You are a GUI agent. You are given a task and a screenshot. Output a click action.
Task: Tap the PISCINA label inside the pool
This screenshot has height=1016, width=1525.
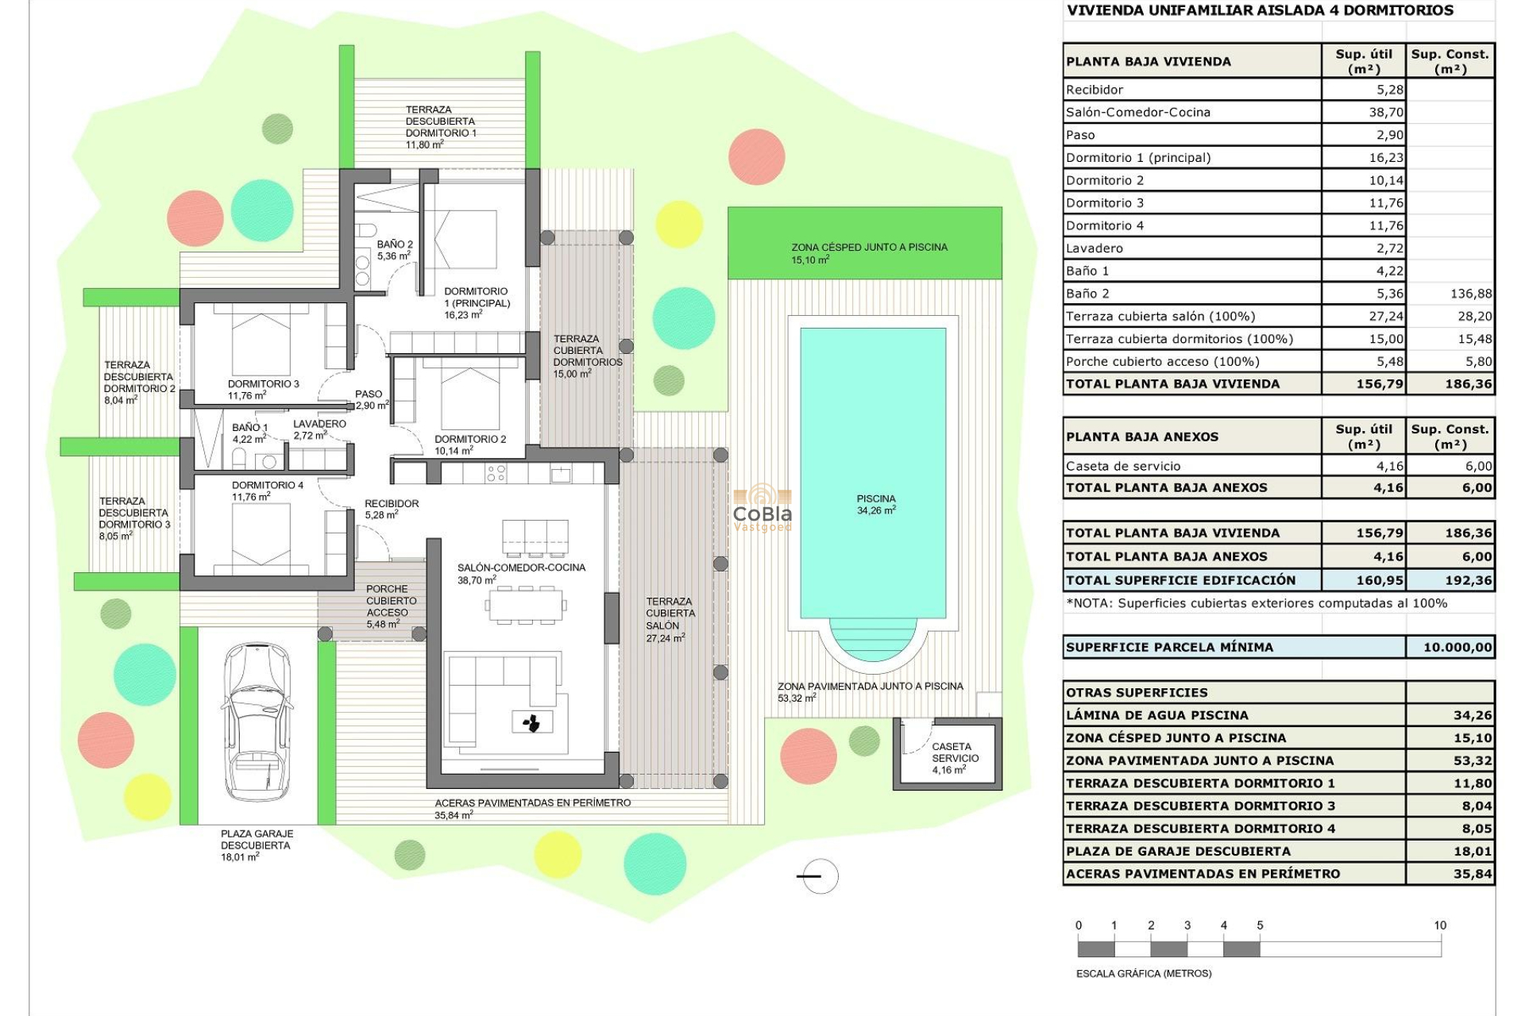[875, 499]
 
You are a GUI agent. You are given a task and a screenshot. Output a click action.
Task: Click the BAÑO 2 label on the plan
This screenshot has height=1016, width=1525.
[395, 244]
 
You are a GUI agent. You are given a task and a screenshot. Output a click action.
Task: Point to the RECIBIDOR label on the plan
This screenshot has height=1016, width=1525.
[392, 503]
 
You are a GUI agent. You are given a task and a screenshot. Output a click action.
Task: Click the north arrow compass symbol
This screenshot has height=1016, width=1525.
[817, 876]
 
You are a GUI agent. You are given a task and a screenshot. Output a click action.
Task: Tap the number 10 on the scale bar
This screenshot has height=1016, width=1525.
[1439, 926]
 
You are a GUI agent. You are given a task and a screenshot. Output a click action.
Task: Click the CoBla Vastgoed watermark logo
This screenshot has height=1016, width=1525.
[762, 508]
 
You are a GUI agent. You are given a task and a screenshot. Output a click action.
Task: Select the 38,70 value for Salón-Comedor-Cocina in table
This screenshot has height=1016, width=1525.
[1386, 113]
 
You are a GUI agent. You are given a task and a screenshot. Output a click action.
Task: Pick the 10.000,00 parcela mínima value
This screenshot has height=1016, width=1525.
[1457, 648]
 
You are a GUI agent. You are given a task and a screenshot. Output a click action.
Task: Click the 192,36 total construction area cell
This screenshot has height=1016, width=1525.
[1468, 580]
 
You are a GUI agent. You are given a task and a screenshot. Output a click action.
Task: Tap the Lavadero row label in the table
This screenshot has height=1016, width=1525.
[1095, 248]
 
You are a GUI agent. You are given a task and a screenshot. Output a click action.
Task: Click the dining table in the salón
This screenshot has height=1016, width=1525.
[526, 606]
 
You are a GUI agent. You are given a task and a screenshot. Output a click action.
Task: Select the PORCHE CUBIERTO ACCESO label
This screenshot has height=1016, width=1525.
[390, 601]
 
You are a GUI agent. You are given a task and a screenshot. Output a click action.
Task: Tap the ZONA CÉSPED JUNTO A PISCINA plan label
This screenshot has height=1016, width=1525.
[869, 248]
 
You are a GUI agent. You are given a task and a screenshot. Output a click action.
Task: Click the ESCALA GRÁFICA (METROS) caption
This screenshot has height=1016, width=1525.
[1144, 973]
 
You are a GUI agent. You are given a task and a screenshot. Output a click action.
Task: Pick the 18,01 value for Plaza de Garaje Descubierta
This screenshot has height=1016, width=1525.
[1473, 852]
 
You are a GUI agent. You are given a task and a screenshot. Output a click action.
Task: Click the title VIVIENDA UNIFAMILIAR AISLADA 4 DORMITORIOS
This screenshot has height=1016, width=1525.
[1260, 11]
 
